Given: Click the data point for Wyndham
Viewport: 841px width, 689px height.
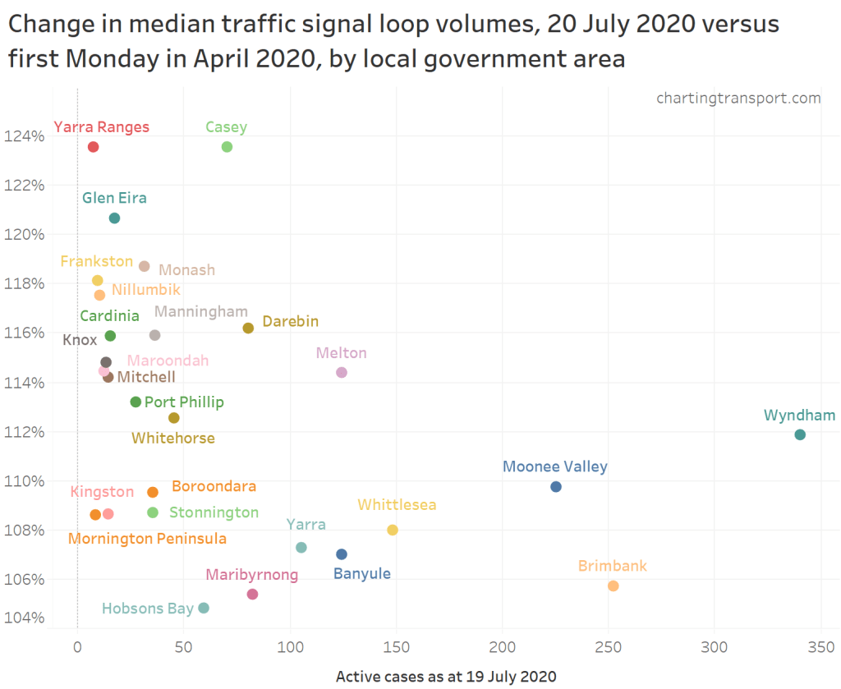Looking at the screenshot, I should [x=800, y=434].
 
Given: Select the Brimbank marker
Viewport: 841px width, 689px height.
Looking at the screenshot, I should [x=613, y=586].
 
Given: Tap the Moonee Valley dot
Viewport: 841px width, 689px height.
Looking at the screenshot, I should [x=556, y=487].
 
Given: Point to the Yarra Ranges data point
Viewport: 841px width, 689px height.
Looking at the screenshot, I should [x=93, y=147].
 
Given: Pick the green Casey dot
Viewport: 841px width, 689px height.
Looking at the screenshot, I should [x=227, y=147].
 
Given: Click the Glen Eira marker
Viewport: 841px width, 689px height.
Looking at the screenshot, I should [x=114, y=218].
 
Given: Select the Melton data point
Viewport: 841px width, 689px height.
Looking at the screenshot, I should [x=342, y=373].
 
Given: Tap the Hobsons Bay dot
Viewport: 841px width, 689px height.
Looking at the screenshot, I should [x=204, y=608].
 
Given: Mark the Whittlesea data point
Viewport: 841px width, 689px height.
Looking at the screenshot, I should [x=393, y=530].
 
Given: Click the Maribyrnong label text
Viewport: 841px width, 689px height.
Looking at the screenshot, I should [x=251, y=575].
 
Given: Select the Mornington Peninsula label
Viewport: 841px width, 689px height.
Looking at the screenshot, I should [x=147, y=539].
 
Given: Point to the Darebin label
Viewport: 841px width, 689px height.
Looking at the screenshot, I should [x=290, y=321].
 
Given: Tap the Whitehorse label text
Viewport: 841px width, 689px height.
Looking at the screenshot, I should [x=173, y=438].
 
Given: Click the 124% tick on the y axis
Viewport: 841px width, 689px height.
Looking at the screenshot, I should [x=28, y=136].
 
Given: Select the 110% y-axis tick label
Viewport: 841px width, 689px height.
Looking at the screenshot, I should [x=28, y=480].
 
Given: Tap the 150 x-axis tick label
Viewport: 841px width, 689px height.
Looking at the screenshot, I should [x=396, y=647].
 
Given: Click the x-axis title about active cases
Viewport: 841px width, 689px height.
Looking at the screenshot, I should [x=446, y=677].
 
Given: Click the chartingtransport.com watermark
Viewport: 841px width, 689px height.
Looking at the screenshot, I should [x=738, y=98].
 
